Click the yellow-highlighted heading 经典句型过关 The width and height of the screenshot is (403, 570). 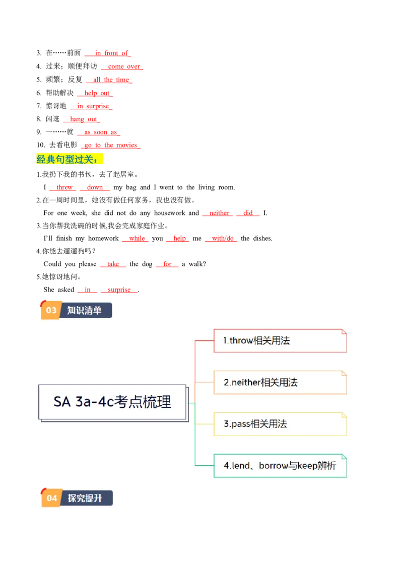pos(70,160)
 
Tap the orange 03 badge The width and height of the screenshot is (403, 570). pos(51,310)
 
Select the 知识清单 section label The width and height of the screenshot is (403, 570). pos(85,310)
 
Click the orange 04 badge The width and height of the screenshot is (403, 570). pos(52,498)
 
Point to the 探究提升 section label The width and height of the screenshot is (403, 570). pos(85,498)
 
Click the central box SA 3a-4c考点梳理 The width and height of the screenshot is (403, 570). pos(113,402)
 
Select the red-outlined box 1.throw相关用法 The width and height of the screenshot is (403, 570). pos(280,341)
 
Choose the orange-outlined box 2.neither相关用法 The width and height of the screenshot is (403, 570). pos(280,383)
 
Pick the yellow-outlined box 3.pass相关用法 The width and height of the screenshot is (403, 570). pos(280,424)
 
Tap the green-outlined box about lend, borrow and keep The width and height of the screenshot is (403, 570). pos(280,466)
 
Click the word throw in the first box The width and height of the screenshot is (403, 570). pos(241,341)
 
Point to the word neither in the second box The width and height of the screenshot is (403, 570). pos(246,383)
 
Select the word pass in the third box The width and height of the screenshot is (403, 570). pos(240,424)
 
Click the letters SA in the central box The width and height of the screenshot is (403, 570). pos(62,402)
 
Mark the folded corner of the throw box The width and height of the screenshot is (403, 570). pos(344,332)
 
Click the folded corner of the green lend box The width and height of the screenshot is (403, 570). pos(344,457)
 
